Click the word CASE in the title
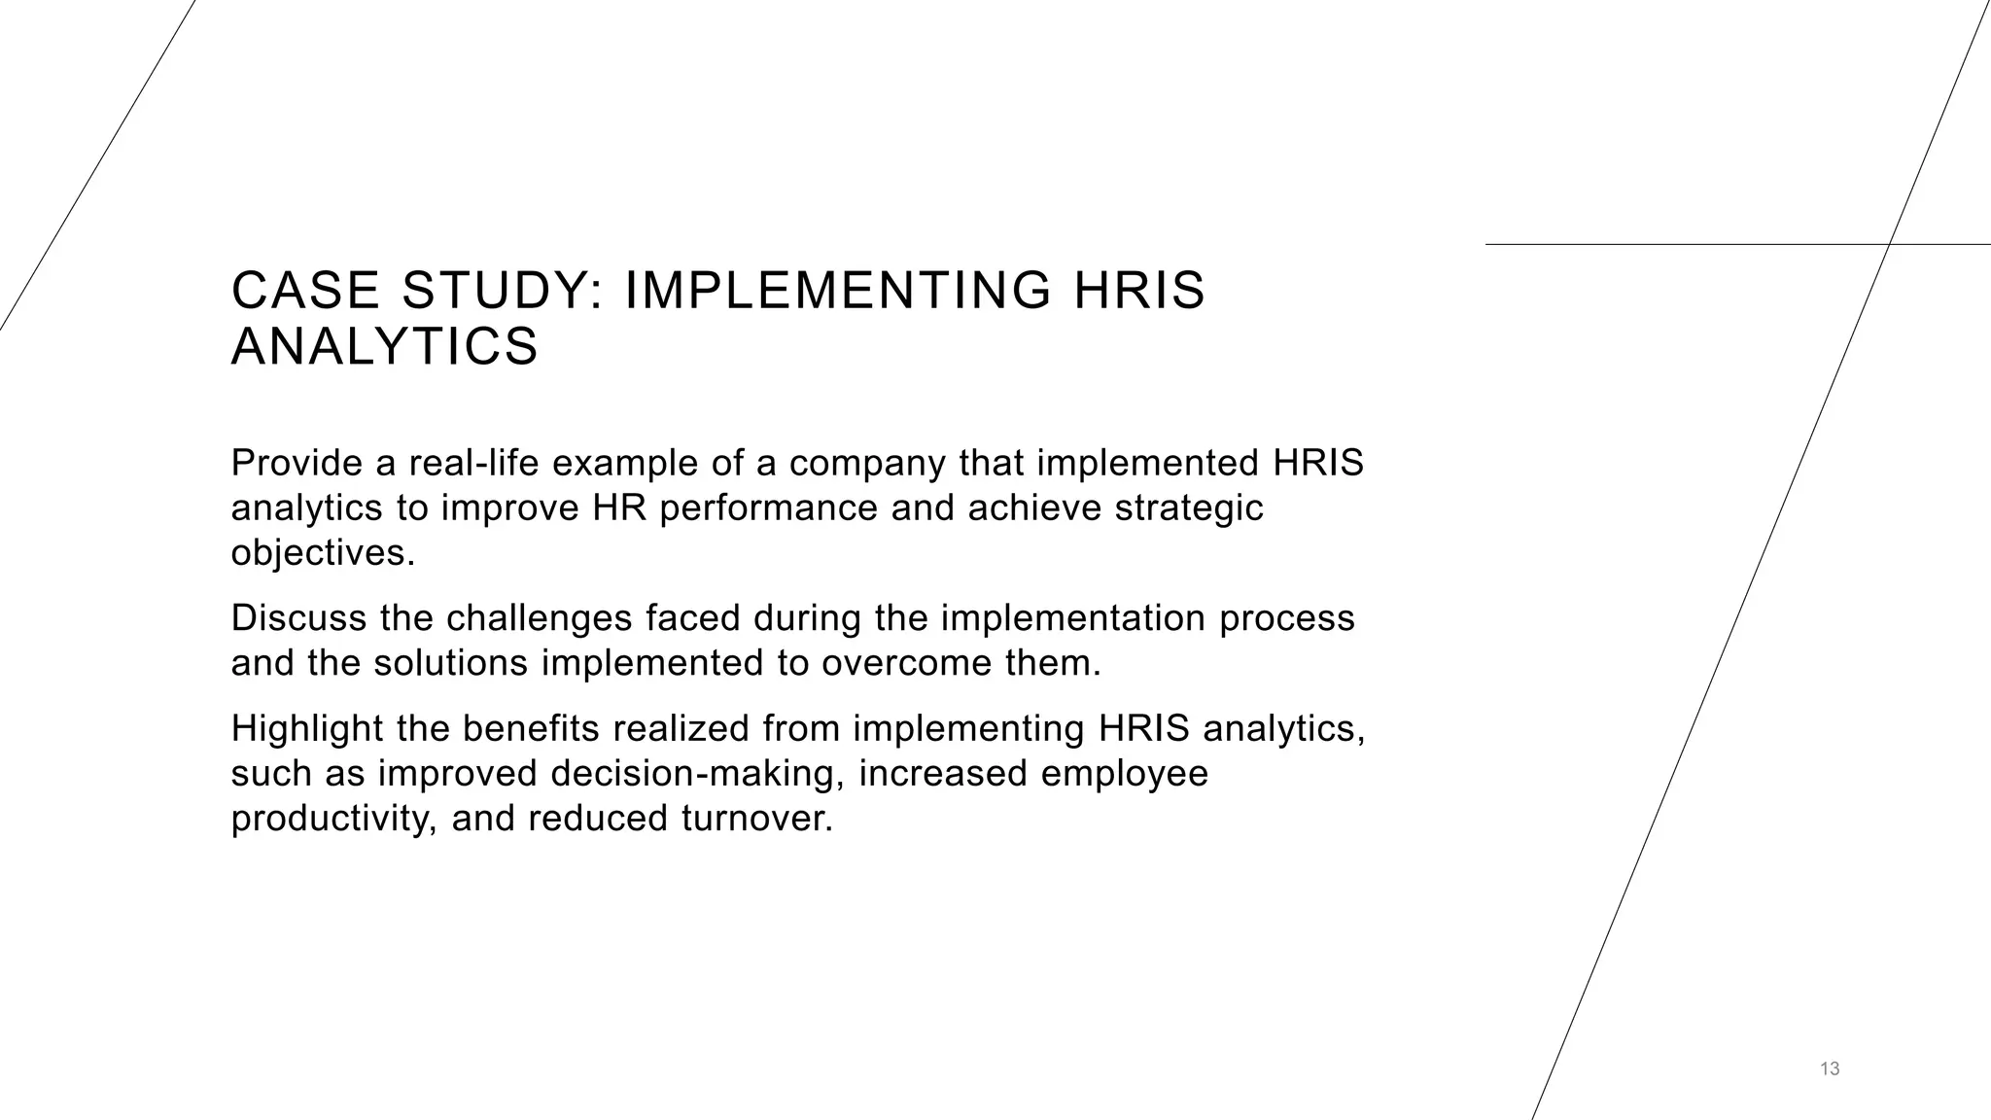[305, 291]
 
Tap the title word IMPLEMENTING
[837, 291]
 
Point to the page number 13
[1830, 1069]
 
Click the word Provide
[296, 463]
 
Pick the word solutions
[450, 663]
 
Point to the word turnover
[757, 819]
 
